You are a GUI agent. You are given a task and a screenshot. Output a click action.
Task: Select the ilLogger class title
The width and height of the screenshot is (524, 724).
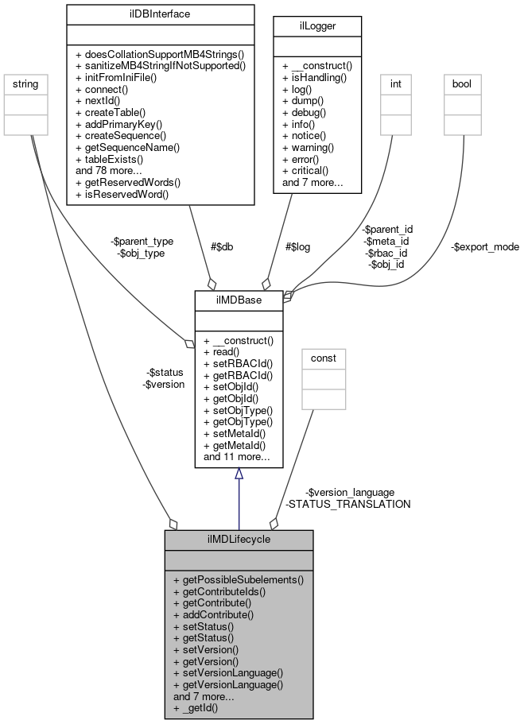point(316,26)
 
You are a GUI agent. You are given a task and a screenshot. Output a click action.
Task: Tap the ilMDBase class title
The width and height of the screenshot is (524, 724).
point(239,300)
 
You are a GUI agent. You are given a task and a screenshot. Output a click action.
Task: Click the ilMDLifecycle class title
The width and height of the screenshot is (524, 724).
point(239,540)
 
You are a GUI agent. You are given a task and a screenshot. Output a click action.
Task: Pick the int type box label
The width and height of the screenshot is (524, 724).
point(394,83)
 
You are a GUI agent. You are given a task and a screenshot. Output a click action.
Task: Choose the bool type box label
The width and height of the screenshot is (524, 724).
point(462,83)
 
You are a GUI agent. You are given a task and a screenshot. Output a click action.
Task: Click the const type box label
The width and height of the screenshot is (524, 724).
point(323,358)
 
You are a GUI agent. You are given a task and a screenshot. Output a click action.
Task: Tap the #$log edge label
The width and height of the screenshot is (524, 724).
point(297,246)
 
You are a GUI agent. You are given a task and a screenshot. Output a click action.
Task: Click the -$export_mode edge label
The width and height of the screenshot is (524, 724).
point(484,246)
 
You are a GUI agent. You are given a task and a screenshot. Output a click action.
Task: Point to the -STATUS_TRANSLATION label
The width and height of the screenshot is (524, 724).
point(347,504)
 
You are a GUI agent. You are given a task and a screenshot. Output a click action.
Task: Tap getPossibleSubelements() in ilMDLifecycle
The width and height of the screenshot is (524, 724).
point(238,580)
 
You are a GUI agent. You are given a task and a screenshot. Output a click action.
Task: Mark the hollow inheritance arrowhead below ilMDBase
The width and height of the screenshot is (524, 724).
point(239,474)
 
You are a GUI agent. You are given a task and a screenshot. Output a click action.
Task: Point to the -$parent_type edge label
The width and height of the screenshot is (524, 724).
point(144,241)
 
